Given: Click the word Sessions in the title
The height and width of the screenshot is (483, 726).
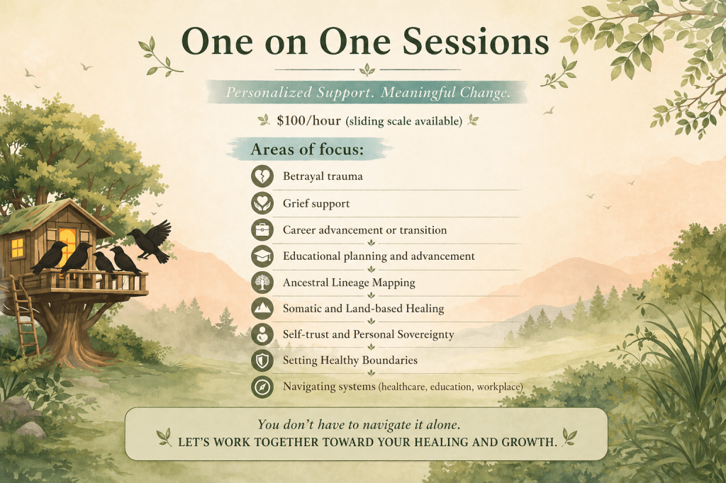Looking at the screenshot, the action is [x=476, y=42].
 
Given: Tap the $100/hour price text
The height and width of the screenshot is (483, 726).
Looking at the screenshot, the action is [x=309, y=120].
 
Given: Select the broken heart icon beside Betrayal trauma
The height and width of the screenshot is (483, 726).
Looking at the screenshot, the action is [x=262, y=176].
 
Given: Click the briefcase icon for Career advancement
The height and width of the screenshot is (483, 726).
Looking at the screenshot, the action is [x=262, y=229].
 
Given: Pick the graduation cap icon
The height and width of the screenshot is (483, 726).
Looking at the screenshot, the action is [x=262, y=256].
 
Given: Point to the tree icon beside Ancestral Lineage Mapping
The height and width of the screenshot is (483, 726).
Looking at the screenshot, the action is [x=262, y=282].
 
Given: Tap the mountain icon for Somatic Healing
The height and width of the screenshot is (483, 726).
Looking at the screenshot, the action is [x=262, y=308].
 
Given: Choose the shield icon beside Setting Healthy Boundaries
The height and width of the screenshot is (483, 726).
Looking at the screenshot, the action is [x=262, y=360].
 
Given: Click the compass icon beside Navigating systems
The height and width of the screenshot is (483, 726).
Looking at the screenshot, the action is [x=262, y=387].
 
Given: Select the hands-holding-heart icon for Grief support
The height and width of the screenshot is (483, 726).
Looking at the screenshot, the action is [x=262, y=203].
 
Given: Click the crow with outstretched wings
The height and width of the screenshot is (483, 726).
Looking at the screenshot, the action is [x=149, y=241].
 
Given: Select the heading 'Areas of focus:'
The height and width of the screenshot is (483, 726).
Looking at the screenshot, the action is [x=307, y=149].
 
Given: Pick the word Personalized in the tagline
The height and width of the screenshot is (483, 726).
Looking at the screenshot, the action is [x=269, y=93].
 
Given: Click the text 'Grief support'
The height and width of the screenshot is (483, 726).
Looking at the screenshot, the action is [x=316, y=203].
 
